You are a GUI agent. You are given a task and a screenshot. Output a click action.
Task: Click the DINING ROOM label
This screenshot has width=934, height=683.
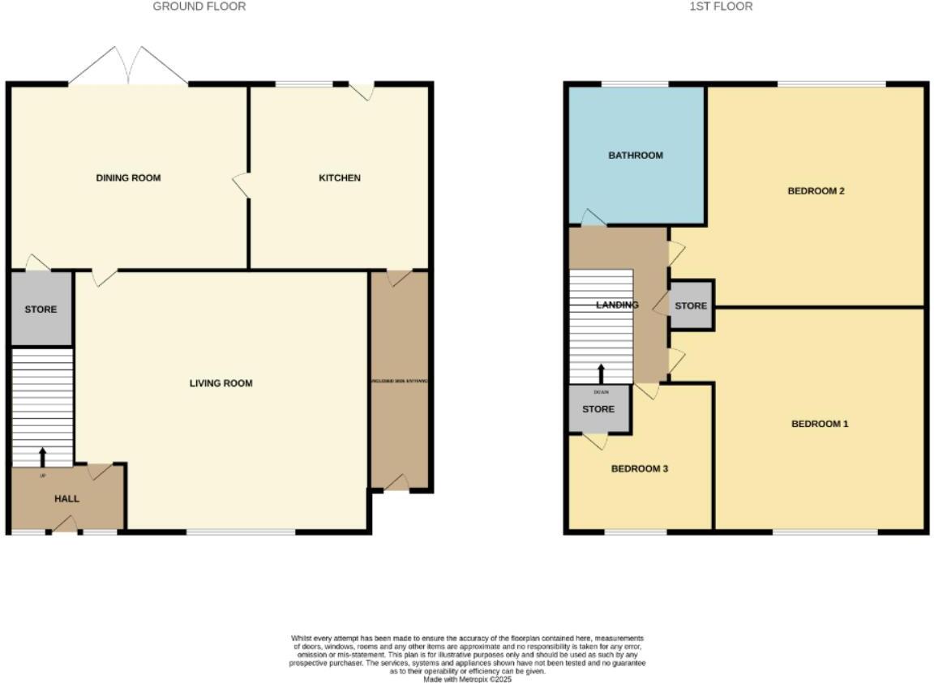tap(128, 178)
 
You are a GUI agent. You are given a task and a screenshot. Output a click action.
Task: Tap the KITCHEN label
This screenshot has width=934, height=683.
tap(340, 178)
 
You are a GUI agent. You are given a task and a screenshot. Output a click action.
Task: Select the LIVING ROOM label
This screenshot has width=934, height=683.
tap(221, 383)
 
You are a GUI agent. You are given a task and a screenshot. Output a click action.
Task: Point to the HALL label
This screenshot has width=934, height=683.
tap(66, 499)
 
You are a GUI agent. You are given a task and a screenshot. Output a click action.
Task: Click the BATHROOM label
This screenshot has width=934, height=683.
tap(636, 156)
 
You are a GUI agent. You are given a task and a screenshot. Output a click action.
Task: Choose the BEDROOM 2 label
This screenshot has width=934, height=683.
tap(816, 191)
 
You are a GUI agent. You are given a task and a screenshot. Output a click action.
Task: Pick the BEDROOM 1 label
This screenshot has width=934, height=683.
tap(820, 424)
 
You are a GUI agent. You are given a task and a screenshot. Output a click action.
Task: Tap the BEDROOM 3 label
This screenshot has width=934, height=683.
tap(639, 469)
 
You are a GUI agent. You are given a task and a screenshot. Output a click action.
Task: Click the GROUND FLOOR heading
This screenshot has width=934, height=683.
tap(199, 6)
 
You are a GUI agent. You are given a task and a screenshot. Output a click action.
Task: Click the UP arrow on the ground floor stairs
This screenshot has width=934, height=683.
tap(42, 457)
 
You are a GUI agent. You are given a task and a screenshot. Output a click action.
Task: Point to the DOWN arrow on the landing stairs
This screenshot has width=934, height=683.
tap(601, 374)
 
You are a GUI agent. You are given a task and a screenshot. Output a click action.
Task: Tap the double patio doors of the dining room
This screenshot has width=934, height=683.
tap(128, 66)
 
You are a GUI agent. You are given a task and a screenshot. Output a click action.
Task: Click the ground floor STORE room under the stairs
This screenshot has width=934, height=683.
tap(41, 309)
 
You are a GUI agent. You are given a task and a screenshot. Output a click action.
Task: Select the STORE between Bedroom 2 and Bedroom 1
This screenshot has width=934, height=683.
tap(691, 305)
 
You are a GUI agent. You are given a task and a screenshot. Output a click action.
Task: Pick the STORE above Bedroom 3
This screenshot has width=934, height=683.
tap(598, 409)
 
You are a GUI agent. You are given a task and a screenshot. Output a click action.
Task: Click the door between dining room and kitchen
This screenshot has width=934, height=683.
tap(241, 185)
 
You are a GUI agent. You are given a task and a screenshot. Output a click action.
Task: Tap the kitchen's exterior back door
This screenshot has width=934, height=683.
tap(362, 91)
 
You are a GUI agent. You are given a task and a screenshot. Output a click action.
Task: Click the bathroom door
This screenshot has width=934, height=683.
tap(593, 217)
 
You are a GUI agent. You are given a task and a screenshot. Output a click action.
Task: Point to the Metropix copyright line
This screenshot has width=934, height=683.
tap(467, 679)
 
